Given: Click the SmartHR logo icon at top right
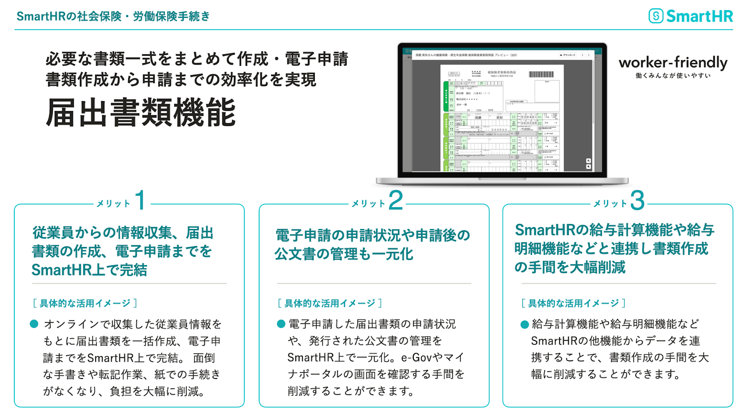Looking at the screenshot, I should click(x=655, y=16).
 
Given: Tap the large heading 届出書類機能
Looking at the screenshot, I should click(x=141, y=113).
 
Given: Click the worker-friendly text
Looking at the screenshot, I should click(x=673, y=62).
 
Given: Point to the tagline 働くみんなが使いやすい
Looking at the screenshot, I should click(x=673, y=76).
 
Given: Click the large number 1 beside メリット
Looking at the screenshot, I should click(x=140, y=201).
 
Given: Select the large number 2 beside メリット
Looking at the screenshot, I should click(x=395, y=201).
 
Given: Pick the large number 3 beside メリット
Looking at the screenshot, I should click(x=637, y=201).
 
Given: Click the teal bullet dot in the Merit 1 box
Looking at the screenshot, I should click(x=34, y=324).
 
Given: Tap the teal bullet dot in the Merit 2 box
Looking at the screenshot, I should click(x=280, y=324).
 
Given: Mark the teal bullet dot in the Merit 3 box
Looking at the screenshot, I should click(x=524, y=324).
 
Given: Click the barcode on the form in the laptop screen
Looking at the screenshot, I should click(x=541, y=74).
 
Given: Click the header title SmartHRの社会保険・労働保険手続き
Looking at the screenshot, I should click(x=113, y=16).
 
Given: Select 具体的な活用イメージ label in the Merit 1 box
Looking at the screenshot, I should click(x=85, y=303).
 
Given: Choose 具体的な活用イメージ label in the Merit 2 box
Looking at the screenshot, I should click(x=330, y=303).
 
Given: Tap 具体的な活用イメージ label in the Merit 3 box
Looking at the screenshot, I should click(x=574, y=303).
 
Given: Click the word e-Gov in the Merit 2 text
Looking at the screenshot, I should click(x=416, y=357).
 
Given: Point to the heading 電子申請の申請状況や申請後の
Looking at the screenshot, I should click(x=372, y=235).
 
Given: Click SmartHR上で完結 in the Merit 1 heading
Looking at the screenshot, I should click(x=89, y=270).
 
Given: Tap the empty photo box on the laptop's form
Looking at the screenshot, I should click(x=547, y=91).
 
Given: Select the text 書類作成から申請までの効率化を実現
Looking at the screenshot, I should click(x=181, y=79).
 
